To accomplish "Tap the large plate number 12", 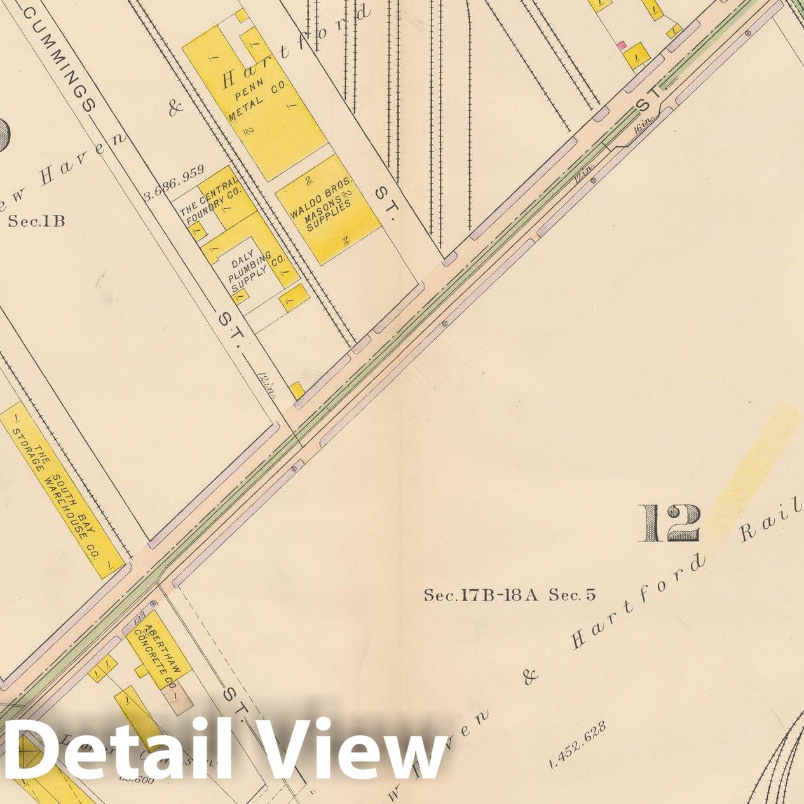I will click(x=670, y=524).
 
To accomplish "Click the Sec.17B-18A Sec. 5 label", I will click(x=510, y=596).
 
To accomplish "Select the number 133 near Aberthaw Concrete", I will click(x=140, y=617).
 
